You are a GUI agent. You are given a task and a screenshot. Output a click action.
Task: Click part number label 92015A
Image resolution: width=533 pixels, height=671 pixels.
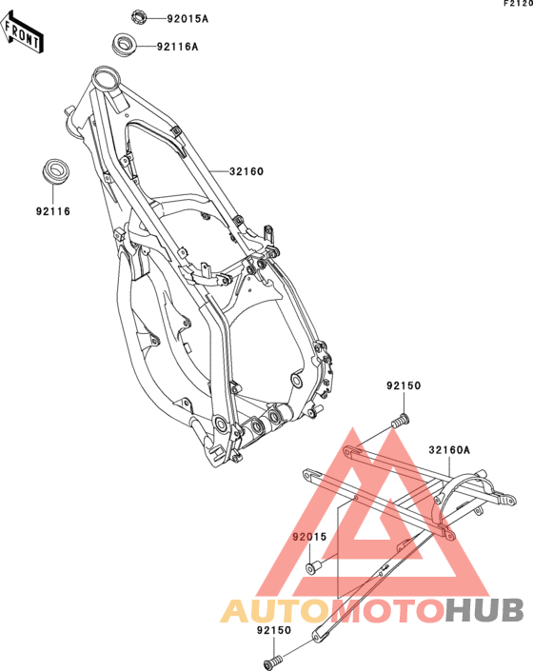(x=188, y=19)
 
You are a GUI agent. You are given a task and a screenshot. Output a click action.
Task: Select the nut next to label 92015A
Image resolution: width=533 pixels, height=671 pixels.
(x=139, y=17)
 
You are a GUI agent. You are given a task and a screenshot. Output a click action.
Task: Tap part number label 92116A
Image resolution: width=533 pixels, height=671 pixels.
(x=178, y=47)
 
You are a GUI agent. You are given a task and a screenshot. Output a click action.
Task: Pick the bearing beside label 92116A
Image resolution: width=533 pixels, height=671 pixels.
(x=124, y=45)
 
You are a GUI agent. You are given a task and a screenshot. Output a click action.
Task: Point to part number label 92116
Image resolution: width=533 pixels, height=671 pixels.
(x=53, y=211)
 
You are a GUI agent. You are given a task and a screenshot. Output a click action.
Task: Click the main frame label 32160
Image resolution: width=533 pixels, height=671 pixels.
(x=247, y=171)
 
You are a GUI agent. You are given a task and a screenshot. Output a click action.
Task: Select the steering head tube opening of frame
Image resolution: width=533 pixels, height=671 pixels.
(x=106, y=79)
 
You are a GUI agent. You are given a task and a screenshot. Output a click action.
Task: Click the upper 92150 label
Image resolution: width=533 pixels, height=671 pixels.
(x=404, y=385)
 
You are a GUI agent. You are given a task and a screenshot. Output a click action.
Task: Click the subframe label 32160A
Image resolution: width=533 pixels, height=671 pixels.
(x=449, y=450)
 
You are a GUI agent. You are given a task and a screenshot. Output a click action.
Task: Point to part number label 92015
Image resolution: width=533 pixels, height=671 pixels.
(x=309, y=537)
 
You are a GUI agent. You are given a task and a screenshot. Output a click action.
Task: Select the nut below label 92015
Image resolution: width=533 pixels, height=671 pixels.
(x=314, y=567)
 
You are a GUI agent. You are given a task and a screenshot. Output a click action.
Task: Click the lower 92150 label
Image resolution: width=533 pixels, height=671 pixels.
(x=274, y=630)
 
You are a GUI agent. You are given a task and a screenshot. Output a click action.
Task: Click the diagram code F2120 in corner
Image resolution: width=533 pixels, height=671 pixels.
(x=518, y=4)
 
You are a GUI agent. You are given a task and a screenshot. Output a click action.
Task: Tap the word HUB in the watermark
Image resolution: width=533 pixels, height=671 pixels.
(x=484, y=610)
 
